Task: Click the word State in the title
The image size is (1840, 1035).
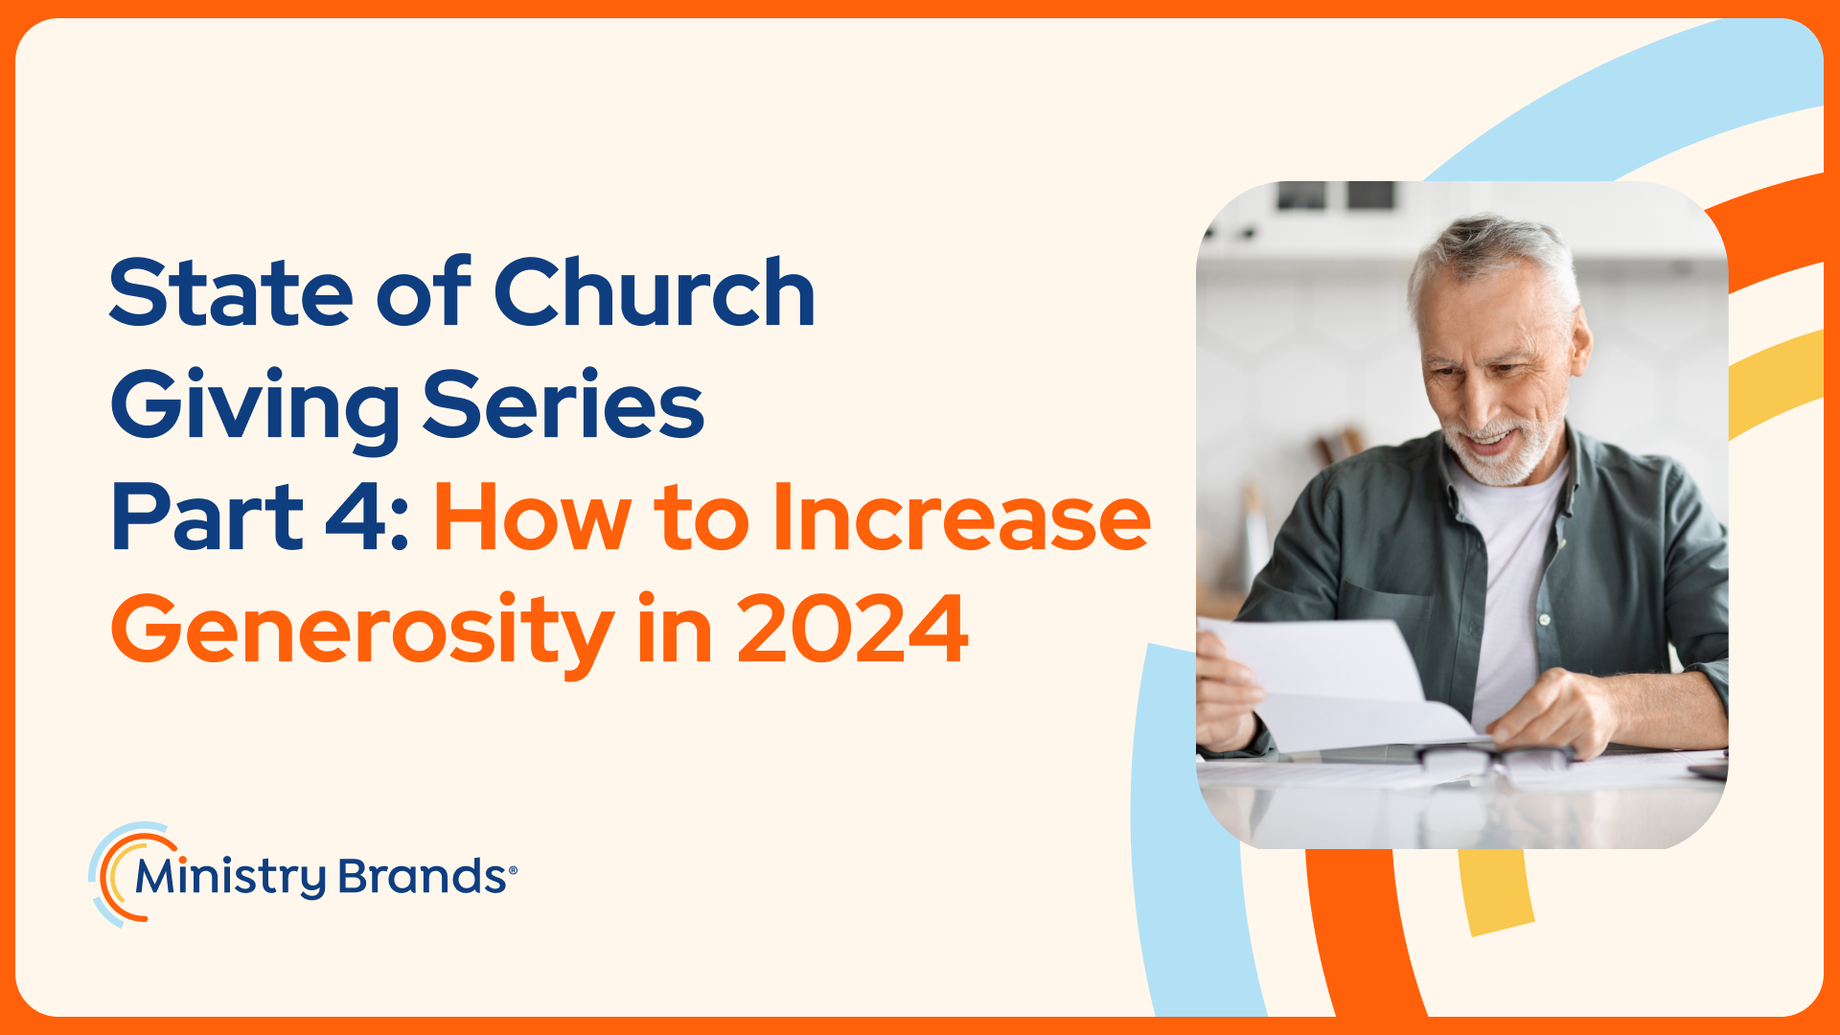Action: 231,292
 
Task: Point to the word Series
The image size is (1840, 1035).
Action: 563,403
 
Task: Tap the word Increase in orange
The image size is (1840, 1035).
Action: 961,517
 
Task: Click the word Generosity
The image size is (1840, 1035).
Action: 362,632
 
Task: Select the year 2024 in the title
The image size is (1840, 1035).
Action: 852,630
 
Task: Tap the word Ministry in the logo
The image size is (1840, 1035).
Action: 231,877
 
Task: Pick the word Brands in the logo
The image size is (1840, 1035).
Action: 422,876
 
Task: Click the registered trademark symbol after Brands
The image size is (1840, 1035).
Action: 513,870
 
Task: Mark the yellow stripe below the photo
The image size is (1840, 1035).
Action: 1497,891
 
